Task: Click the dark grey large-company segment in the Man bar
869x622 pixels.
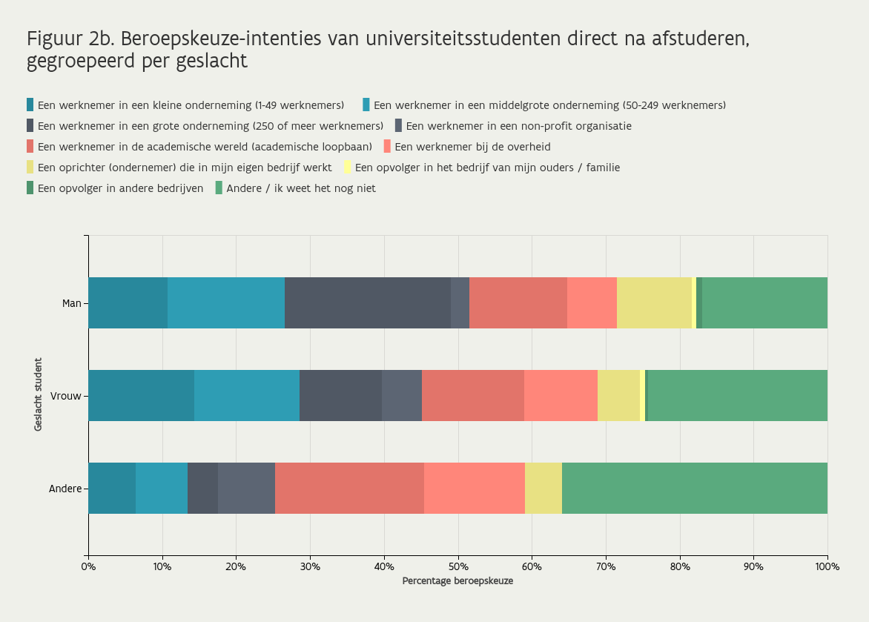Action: (368, 302)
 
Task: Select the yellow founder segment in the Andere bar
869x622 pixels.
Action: (543, 488)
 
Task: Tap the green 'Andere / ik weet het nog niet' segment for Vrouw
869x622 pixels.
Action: (737, 395)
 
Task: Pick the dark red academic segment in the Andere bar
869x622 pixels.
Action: (350, 488)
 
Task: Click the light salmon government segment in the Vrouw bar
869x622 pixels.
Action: (561, 395)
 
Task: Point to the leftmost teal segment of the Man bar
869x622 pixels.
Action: (128, 302)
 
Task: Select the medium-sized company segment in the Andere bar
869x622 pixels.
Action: (162, 488)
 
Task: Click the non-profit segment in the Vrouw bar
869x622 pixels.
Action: (402, 395)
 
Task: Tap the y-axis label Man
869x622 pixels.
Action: (71, 303)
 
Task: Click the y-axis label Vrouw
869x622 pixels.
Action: (66, 396)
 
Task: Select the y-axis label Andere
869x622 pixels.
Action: (65, 489)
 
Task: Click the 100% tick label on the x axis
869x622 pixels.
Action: (827, 566)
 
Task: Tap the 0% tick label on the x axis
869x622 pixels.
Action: (88, 566)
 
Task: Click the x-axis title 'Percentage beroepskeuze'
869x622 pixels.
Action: (457, 581)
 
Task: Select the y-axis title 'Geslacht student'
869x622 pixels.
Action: (38, 394)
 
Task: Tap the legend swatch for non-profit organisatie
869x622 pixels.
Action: (398, 125)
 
